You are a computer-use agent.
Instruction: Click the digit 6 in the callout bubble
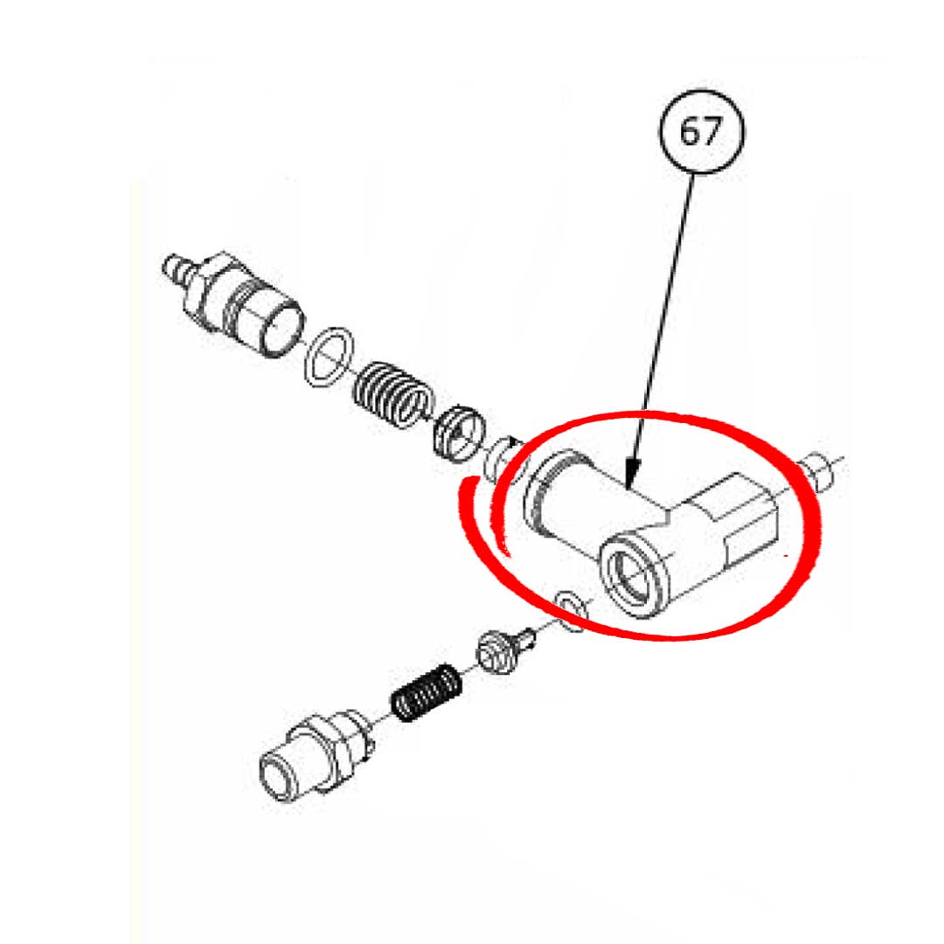[x=689, y=133]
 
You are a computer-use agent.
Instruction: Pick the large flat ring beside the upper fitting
[x=329, y=357]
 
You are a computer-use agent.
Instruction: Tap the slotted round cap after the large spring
[x=459, y=432]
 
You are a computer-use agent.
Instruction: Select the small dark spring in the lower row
[x=424, y=693]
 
